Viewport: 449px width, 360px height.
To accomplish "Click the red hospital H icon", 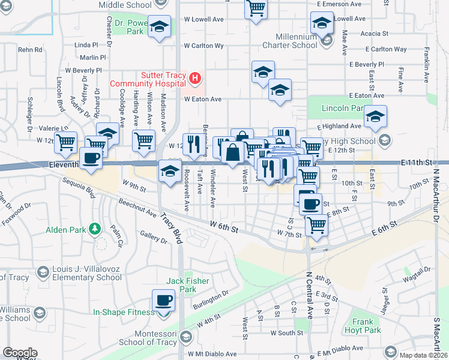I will [194, 78].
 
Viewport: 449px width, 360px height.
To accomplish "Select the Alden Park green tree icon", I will [94, 229].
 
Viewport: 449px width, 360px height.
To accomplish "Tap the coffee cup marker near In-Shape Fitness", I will [163, 300].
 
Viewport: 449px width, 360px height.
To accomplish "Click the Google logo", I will [20, 353].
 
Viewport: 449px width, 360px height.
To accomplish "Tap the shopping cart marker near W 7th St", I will [316, 226].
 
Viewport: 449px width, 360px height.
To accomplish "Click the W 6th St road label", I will [224, 227].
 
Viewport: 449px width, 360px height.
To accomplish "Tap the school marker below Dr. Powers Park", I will [160, 27].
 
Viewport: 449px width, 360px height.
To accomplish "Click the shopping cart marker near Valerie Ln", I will [65, 143].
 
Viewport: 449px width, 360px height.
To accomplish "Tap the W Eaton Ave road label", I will [203, 99].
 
